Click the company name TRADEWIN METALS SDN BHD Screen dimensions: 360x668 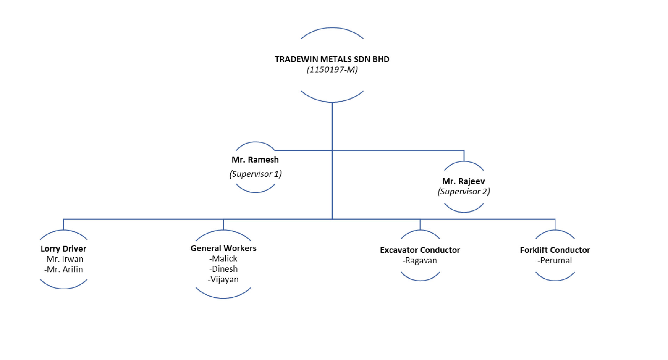[332, 59]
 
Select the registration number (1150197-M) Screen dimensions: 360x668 [332, 70]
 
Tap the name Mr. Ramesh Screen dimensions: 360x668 [255, 160]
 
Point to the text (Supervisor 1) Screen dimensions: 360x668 [256, 174]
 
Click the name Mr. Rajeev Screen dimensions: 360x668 [464, 181]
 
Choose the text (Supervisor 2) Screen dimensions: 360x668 [464, 191]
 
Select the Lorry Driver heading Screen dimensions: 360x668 [63, 249]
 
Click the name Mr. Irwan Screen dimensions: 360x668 [64, 259]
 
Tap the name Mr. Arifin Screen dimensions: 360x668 [64, 270]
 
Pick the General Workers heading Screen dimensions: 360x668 [223, 248]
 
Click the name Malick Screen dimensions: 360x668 [223, 259]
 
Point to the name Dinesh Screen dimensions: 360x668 [223, 269]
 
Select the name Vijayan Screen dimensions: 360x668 [223, 279]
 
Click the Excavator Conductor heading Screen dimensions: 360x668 [420, 250]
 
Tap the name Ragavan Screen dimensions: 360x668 [420, 261]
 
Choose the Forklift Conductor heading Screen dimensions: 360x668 [555, 250]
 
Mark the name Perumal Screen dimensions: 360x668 [555, 261]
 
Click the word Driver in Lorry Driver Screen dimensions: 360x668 [74, 249]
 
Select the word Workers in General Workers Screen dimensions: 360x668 [240, 248]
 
